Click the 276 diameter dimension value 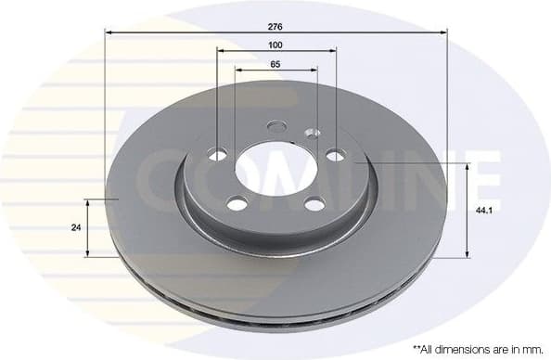point(275,25)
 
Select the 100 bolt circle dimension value point(275,45)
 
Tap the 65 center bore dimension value point(275,64)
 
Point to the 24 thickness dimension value point(75,227)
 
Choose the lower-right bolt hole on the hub point(314,204)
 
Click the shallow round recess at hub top point(276,126)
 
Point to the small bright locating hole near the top point(313,133)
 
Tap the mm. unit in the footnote point(530,349)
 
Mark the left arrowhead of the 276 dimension point(109,32)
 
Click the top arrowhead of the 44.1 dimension point(467,166)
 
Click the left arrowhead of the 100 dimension point(220,52)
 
